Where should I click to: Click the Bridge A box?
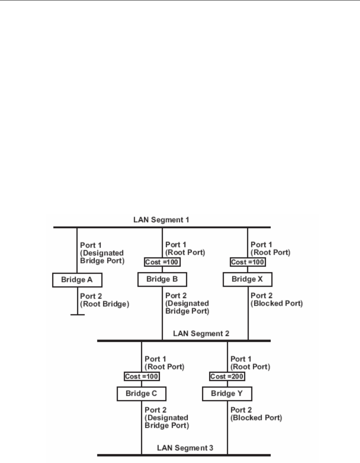pos(77,280)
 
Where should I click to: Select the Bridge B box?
pos(162,279)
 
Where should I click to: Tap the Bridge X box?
pos(247,279)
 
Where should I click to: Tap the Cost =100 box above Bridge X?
pos(248,262)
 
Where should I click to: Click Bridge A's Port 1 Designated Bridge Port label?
pos(102,253)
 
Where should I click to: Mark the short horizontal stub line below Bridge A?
pos(77,315)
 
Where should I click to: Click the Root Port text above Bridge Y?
pos(250,367)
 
